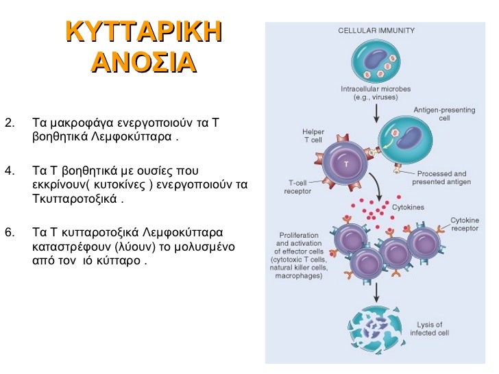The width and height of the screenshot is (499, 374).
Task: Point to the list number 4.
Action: coord(9,171)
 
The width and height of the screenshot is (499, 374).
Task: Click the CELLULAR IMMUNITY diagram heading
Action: coord(376,31)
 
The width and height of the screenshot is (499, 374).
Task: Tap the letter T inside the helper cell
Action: coord(346,165)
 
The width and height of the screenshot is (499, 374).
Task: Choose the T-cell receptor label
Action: coord(297,187)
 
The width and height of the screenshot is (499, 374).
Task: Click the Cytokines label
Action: coord(407,206)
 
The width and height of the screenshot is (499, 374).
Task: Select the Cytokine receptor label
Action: coord(464,224)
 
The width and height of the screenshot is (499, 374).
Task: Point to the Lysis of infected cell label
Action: coord(430,328)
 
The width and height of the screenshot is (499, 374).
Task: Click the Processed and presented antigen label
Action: coord(439,178)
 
